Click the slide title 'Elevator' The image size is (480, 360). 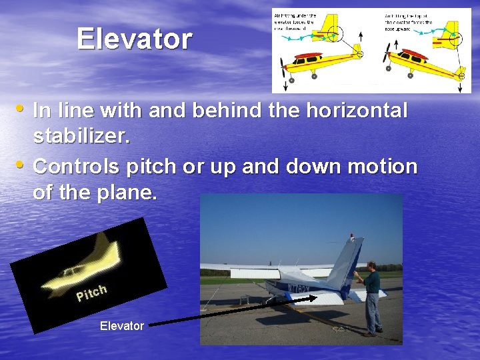point(134,39)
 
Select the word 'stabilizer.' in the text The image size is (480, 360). point(81,137)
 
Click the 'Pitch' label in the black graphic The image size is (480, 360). point(92,292)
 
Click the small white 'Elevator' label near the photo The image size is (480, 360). point(121,325)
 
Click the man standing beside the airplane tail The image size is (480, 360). point(371,300)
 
